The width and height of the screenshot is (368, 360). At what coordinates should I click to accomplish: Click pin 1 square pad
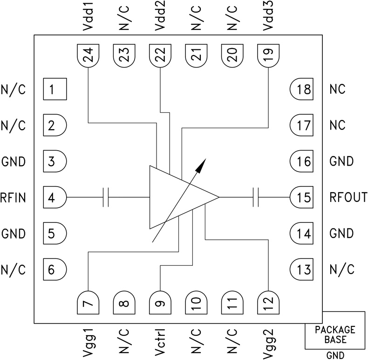[x=55, y=89]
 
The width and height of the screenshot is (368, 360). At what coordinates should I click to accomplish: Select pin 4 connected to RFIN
[x=55, y=197]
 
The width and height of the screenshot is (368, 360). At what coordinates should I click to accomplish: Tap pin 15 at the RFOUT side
[x=303, y=197]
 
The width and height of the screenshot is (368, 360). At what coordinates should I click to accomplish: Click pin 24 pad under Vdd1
[x=88, y=56]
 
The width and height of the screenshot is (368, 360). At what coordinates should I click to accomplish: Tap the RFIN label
[x=13, y=198]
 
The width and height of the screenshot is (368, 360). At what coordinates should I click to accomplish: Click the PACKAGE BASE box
[x=335, y=334]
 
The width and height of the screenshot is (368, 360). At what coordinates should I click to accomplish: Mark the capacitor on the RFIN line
[x=106, y=197]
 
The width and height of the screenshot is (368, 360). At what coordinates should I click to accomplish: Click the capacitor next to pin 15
[x=256, y=197]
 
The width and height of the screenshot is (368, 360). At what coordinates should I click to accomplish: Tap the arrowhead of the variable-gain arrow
[x=202, y=163]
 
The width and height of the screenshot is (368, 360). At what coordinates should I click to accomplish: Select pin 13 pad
[x=303, y=269]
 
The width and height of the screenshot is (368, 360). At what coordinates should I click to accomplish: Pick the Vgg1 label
[x=88, y=343]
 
